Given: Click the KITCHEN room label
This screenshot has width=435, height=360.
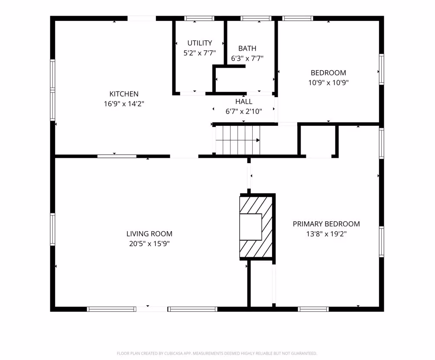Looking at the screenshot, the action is click(124, 94).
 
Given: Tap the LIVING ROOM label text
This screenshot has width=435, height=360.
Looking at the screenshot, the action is click(149, 234).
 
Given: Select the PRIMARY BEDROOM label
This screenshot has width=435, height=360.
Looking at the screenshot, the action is click(326, 224).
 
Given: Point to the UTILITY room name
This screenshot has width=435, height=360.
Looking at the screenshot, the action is click(199, 43).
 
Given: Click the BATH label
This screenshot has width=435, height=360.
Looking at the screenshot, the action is click(247, 48).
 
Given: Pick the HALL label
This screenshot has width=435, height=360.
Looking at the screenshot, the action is click(244, 101).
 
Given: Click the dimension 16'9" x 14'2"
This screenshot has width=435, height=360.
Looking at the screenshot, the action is click(124, 104).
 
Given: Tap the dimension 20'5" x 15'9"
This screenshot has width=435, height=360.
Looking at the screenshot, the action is click(149, 244).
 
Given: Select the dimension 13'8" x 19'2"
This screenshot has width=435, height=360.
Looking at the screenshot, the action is click(326, 234).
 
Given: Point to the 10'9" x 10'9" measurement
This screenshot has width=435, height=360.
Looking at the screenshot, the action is click(328, 82).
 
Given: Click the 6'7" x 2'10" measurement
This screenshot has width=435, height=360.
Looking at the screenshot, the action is click(244, 111).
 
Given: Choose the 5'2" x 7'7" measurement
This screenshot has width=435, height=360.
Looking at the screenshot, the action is click(199, 53).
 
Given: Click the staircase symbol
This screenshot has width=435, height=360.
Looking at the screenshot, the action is click(238, 140).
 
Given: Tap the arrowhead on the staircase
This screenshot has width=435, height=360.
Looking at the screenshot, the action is click(258, 140).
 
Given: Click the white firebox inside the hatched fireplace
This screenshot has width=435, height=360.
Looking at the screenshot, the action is click(251, 227).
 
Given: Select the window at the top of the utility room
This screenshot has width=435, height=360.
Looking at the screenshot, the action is click(199, 18).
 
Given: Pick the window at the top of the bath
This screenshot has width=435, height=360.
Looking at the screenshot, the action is click(256, 18).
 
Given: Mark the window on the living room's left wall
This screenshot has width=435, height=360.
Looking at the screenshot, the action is click(52, 229).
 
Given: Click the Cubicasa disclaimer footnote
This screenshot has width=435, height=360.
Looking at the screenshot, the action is click(217, 353).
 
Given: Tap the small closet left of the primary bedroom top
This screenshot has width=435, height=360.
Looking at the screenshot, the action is click(318, 141).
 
